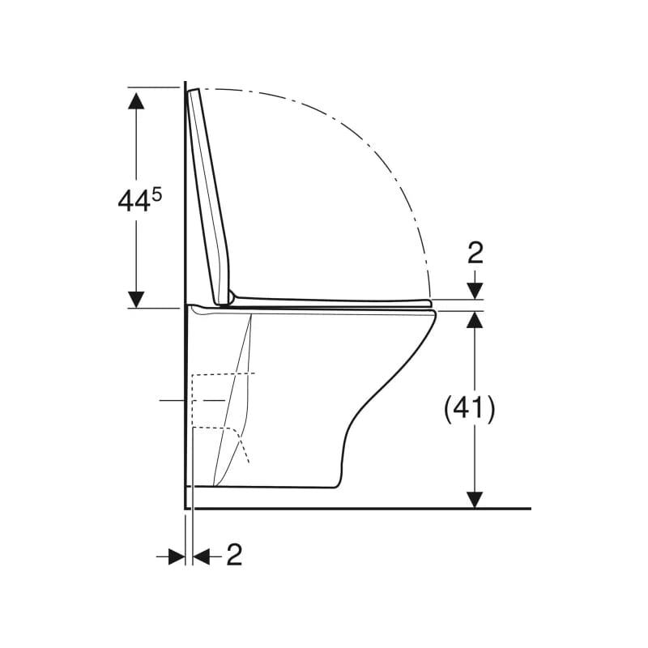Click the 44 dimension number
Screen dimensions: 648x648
click(x=133, y=202)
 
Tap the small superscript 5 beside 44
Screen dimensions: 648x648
click(x=156, y=194)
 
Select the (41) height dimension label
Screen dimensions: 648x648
click(x=469, y=409)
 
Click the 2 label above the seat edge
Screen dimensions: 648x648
click(x=475, y=254)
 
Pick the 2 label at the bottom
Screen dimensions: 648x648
click(x=234, y=555)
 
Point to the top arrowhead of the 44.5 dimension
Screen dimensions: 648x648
click(x=136, y=101)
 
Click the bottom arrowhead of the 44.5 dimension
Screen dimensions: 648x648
click(x=136, y=299)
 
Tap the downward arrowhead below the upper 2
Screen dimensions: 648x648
click(x=475, y=291)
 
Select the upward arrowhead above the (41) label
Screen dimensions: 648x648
click(x=475, y=319)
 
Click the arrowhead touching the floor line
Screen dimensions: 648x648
click(x=475, y=500)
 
